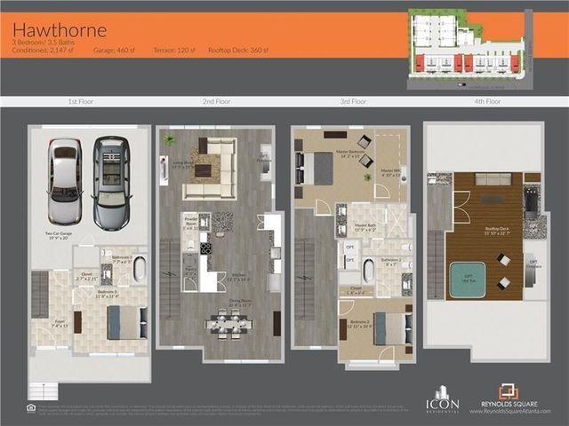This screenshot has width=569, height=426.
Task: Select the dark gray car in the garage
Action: pos(111,180)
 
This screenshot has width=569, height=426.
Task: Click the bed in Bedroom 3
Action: pos(127,322)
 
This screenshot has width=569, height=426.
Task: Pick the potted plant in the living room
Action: pos(170,140)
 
